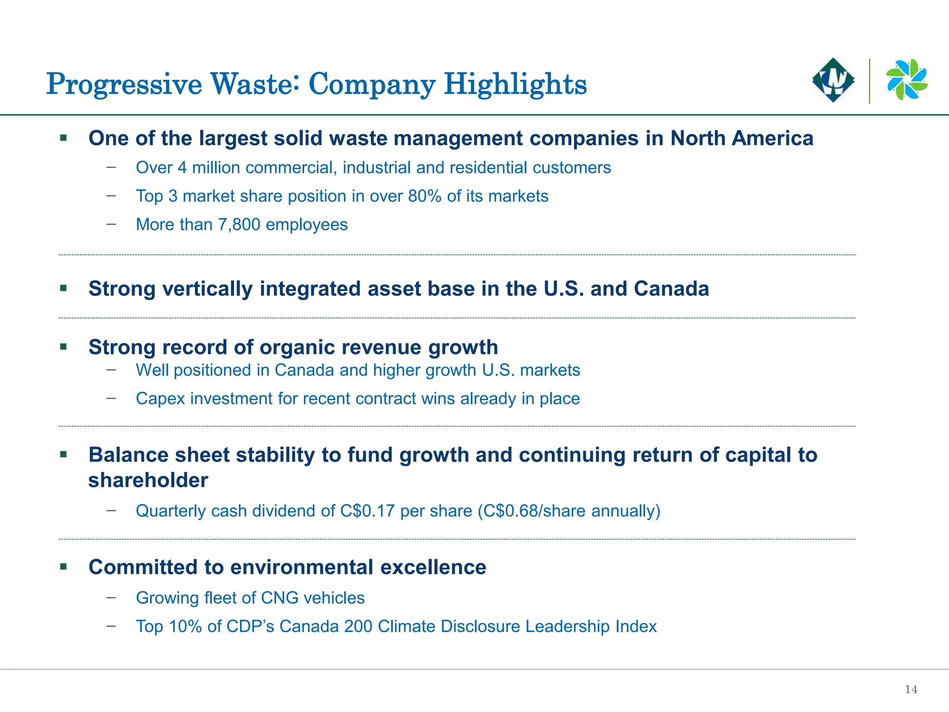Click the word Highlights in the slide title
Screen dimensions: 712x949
point(515,84)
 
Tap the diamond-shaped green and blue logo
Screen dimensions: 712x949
point(833,80)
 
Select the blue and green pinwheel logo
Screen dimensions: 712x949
point(906,80)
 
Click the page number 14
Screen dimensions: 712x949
point(911,689)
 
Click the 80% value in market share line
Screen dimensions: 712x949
point(424,196)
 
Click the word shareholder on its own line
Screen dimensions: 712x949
point(148,480)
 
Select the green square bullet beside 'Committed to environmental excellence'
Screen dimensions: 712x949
point(63,566)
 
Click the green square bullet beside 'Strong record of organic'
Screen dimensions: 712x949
point(63,347)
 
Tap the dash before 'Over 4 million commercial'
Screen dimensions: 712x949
point(111,167)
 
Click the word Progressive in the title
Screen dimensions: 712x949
point(124,84)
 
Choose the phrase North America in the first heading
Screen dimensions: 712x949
point(741,138)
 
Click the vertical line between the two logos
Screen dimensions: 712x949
point(869,81)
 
